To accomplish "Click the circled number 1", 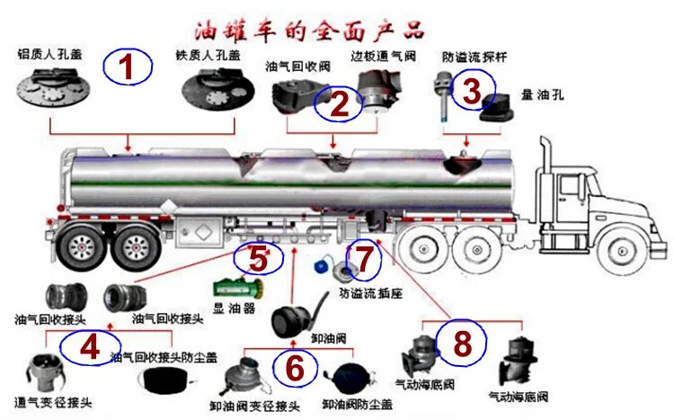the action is pyautogui.click(x=127, y=67).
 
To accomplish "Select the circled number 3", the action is pyautogui.click(x=472, y=89).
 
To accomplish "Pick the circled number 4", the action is pyautogui.click(x=89, y=348).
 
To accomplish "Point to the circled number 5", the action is pyautogui.click(x=259, y=259).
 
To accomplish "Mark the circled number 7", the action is pyautogui.click(x=364, y=259).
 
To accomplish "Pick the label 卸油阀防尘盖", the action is pyautogui.click(x=357, y=405).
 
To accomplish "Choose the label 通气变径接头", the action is pyautogui.click(x=54, y=402).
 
